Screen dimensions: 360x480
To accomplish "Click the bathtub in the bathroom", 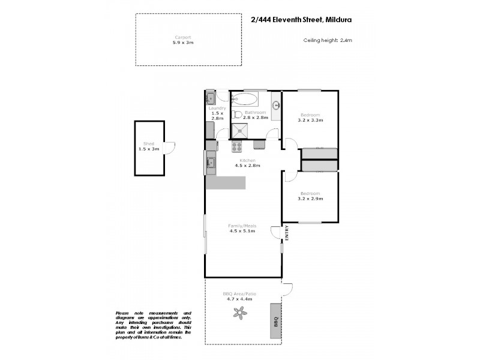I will [245, 98].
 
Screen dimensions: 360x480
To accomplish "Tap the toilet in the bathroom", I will [237, 115].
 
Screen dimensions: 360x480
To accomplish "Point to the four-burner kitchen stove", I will [237, 145].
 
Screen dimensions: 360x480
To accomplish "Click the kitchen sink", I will [211, 162].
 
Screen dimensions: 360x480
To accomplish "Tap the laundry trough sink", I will [211, 98].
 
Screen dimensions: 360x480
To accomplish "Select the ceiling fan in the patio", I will [241, 311].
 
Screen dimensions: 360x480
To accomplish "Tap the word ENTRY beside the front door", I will [287, 232].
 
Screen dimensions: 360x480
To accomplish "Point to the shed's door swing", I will [169, 147].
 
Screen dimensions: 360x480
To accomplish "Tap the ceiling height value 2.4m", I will [346, 40].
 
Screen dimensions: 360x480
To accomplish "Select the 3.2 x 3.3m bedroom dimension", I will [310, 120].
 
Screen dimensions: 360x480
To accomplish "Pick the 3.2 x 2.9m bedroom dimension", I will [310, 199].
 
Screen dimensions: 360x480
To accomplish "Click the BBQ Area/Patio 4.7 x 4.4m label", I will [239, 296].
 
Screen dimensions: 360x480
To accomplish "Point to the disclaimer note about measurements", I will [153, 325].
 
